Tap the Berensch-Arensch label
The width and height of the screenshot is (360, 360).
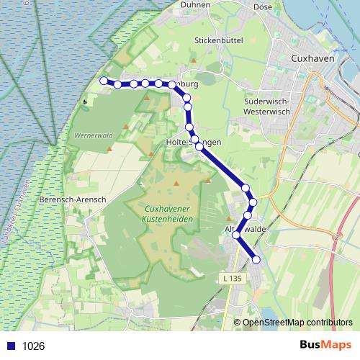(x=73, y=199)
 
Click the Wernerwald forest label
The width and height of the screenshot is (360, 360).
(x=91, y=135)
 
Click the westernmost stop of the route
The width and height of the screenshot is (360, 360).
(x=104, y=81)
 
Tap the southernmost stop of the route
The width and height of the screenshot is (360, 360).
(x=256, y=259)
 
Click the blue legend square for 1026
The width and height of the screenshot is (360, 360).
(x=11, y=346)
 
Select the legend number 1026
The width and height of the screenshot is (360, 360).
(x=34, y=346)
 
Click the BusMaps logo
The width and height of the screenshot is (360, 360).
(x=325, y=345)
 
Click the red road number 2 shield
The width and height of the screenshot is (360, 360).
(x=336, y=236)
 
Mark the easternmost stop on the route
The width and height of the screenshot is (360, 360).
(x=256, y=259)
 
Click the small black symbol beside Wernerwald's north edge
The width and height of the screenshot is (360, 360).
(x=86, y=102)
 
